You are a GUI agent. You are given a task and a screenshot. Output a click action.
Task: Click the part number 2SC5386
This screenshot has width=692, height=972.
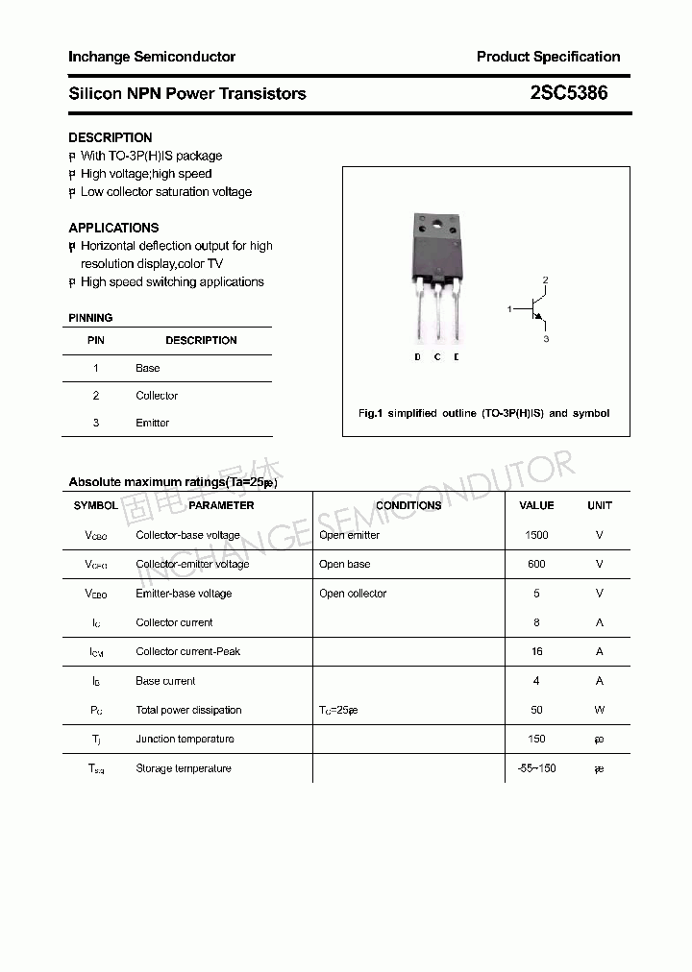pyautogui.click(x=569, y=93)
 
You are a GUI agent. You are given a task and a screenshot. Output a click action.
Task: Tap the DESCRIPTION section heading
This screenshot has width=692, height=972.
pyautogui.click(x=110, y=137)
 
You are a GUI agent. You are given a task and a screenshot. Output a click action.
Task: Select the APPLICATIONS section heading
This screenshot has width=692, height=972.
pyautogui.click(x=113, y=228)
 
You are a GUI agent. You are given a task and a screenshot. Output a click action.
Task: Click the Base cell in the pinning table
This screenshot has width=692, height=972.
pyautogui.click(x=148, y=368)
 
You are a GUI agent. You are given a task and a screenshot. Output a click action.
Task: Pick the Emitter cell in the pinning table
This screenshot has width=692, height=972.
pyautogui.click(x=152, y=423)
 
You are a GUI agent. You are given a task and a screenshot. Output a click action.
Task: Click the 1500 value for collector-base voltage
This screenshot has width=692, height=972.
pyautogui.click(x=536, y=535)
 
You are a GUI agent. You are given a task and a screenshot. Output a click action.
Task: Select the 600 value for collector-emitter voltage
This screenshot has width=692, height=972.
pyautogui.click(x=536, y=564)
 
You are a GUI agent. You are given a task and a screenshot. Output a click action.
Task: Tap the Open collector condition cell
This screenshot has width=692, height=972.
pyautogui.click(x=353, y=594)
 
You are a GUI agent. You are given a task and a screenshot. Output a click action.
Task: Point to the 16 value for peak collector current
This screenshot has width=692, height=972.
pyautogui.click(x=536, y=651)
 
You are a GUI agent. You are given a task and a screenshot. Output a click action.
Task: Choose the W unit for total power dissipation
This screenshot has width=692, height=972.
pyautogui.click(x=599, y=710)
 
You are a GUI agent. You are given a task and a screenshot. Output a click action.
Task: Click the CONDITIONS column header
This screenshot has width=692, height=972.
pyautogui.click(x=408, y=505)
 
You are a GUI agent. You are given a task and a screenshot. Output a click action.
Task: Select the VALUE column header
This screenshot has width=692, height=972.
pyautogui.click(x=536, y=505)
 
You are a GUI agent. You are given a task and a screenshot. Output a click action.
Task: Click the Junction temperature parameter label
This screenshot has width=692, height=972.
pyautogui.click(x=185, y=739)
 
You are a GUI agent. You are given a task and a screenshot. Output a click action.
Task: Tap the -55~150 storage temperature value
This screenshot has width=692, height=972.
pyautogui.click(x=536, y=768)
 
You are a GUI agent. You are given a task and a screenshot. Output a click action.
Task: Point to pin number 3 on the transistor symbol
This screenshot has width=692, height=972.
pyautogui.click(x=546, y=339)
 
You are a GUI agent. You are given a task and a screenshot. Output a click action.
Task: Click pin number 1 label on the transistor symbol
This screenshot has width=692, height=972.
pyautogui.click(x=509, y=308)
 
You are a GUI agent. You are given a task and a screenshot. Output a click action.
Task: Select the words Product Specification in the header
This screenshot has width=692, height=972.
pyautogui.click(x=548, y=57)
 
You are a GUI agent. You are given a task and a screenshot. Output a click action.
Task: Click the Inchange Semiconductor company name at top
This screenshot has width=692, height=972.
pyautogui.click(x=151, y=57)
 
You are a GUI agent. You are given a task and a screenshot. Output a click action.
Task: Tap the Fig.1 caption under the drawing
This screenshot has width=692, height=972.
pyautogui.click(x=483, y=413)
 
